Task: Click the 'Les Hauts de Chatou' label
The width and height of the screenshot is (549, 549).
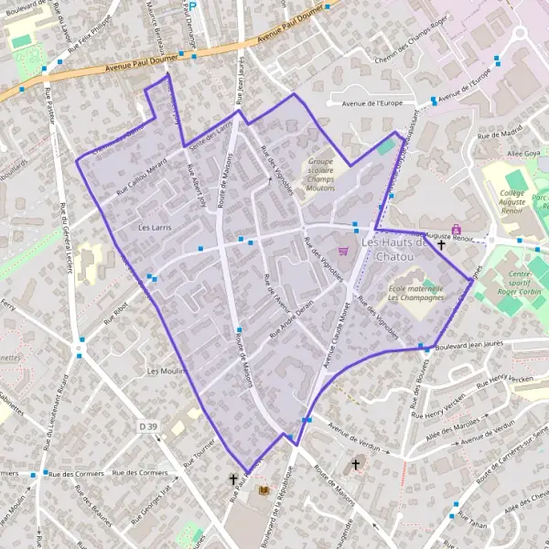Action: [x=395, y=250]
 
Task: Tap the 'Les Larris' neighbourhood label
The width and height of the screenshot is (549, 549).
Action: [x=154, y=226]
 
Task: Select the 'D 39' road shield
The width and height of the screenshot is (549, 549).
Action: [x=148, y=426]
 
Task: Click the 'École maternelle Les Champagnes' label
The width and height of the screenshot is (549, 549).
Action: [x=415, y=296]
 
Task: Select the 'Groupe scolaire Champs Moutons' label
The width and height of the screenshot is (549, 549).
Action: [x=320, y=174]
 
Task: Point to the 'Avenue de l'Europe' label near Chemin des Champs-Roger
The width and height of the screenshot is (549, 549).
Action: [x=371, y=103]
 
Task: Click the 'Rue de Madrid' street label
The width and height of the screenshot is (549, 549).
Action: [x=498, y=134]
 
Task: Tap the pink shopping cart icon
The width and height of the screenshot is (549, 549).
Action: [x=343, y=251]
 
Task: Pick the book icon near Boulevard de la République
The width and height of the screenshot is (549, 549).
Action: [x=264, y=490]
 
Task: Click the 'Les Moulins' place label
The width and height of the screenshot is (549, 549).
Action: [x=167, y=371]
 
